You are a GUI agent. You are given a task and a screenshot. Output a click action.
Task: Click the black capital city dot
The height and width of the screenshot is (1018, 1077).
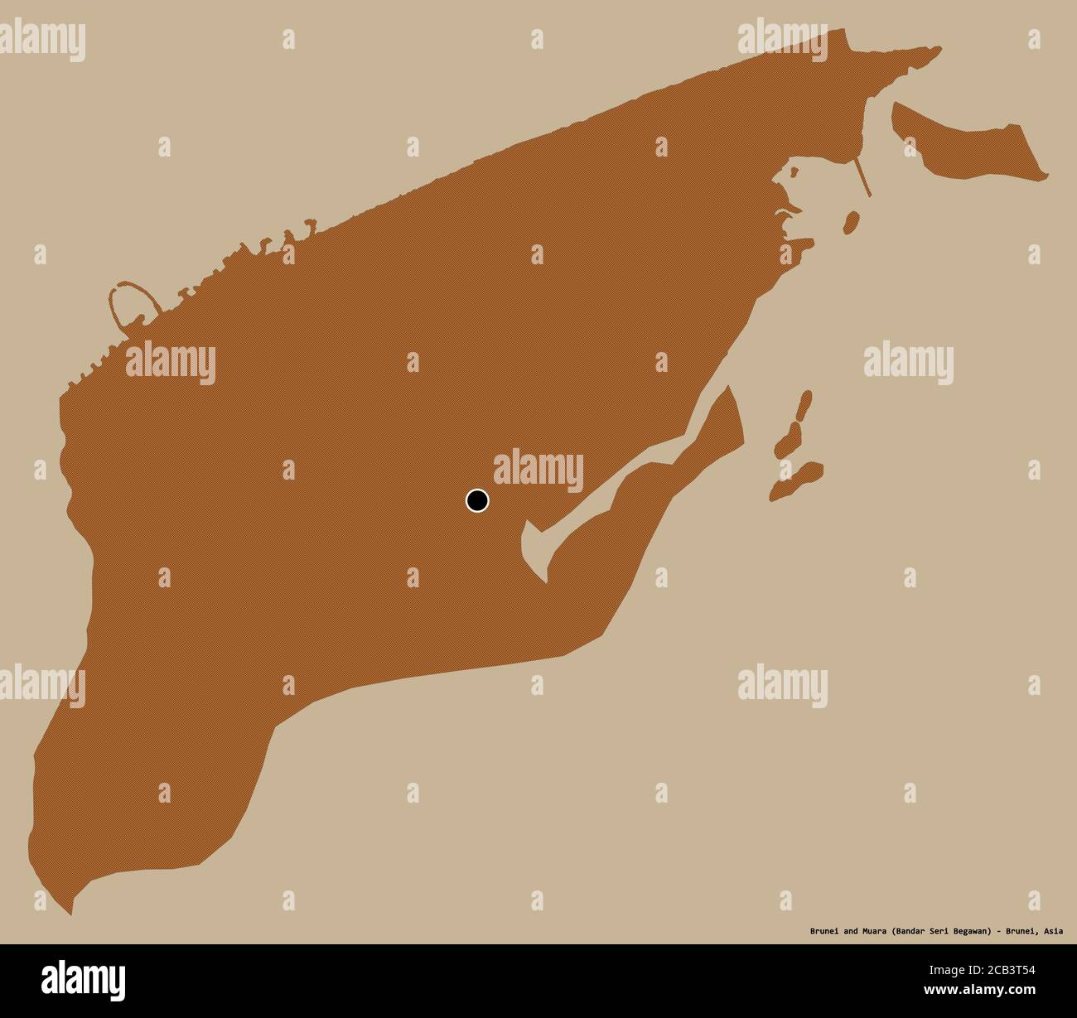coord(476,500)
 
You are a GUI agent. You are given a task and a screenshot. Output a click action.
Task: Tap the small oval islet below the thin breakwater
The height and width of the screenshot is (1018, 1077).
coord(850,223)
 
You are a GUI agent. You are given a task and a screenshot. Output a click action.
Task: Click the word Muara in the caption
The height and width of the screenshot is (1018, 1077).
coord(871,931)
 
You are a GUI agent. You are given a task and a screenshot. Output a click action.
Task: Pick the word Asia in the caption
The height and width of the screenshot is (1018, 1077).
coord(1053,931)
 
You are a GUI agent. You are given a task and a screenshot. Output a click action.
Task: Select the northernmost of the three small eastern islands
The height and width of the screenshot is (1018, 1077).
coord(803,407)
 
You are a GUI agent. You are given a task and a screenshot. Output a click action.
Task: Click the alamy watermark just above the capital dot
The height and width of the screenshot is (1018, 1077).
coord(538,468)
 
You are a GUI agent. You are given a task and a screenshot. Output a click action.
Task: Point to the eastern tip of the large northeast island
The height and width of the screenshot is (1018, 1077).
coord(1046,175)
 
